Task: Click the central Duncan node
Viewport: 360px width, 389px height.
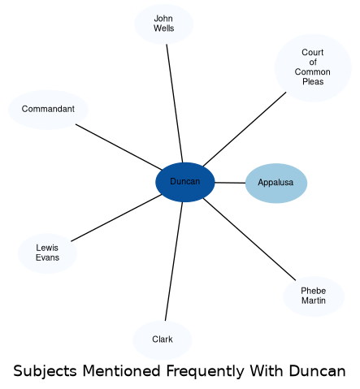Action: tap(185, 182)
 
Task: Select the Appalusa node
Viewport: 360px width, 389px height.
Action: tap(276, 183)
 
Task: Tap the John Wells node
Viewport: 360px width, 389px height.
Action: tap(163, 24)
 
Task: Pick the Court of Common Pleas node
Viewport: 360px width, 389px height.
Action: tap(313, 67)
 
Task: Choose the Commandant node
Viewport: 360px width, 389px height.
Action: tap(48, 110)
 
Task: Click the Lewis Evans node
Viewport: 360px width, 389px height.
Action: tap(47, 253)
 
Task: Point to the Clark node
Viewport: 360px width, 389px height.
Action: tap(163, 340)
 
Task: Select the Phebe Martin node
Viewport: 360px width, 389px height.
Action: tap(314, 296)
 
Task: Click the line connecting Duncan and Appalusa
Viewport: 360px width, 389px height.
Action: tap(230, 183)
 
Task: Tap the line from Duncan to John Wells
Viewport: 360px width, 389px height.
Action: tap(175, 103)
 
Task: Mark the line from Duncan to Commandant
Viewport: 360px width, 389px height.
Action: tap(119, 147)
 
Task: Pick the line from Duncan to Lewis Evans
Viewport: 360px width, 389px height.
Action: tap(116, 218)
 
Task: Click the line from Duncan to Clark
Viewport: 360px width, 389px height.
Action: tap(174, 261)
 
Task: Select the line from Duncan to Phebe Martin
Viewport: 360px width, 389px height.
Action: tap(249, 240)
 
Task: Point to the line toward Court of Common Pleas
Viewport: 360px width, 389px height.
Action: tap(245, 129)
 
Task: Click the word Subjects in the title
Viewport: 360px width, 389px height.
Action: tap(45, 371)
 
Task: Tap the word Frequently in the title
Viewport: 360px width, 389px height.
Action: tap(205, 371)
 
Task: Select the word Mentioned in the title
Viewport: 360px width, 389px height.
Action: tap(122, 371)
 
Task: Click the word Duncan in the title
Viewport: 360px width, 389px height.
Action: tap(318, 371)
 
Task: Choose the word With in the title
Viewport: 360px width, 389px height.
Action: tap(267, 371)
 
